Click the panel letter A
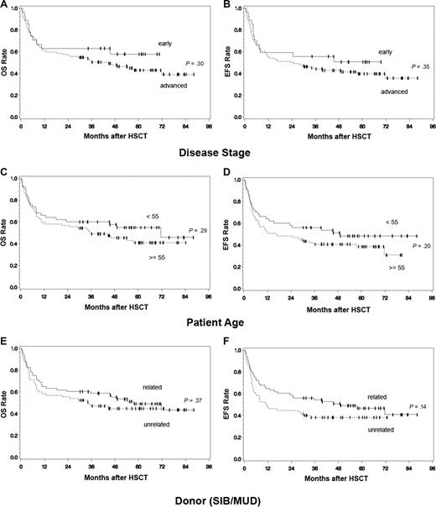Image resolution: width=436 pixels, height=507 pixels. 4,5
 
